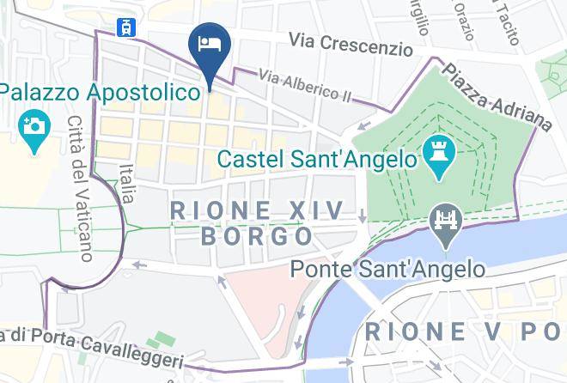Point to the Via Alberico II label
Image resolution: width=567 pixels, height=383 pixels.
click(x=305, y=88)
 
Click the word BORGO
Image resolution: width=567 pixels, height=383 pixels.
click(x=256, y=236)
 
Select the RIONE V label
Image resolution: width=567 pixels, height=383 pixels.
click(x=464, y=331)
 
